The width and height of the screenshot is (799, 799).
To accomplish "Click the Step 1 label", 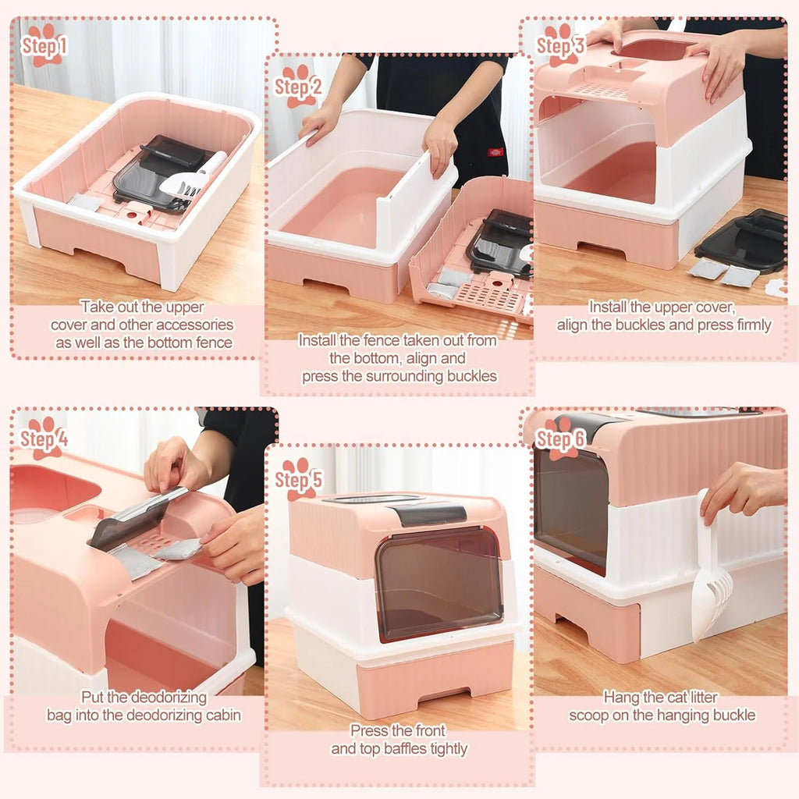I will click(x=44, y=45).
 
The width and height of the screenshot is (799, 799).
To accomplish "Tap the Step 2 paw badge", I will click(x=297, y=86).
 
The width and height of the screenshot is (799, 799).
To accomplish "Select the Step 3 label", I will click(x=560, y=45).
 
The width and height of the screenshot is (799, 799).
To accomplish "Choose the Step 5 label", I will click(x=298, y=478).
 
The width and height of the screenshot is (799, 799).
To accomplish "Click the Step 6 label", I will click(x=560, y=439).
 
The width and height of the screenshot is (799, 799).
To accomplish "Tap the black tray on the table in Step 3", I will click(x=741, y=238).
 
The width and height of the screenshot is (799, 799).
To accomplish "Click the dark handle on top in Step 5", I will click(x=429, y=513).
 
